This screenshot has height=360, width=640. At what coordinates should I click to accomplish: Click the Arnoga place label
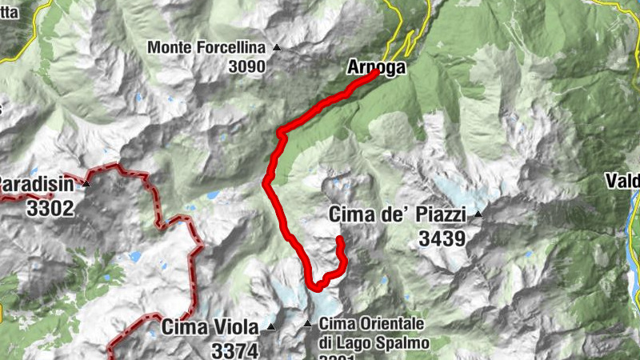click(377, 67)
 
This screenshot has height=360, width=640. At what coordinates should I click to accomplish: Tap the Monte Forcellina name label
click(210, 48)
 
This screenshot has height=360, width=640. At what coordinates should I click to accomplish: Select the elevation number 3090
click(246, 67)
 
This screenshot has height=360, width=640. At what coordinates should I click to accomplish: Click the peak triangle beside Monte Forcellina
click(277, 47)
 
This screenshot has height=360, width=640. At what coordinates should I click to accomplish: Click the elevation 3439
click(441, 238)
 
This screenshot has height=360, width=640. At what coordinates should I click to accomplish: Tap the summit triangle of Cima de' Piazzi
click(478, 214)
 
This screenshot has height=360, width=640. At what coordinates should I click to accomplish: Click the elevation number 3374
click(234, 350)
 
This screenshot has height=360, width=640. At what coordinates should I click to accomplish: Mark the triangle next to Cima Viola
click(270, 326)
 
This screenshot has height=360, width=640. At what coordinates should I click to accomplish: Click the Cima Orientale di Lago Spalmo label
click(374, 333)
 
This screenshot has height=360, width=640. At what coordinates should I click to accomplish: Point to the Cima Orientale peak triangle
click(307, 324)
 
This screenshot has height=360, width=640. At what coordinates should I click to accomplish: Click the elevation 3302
click(50, 209)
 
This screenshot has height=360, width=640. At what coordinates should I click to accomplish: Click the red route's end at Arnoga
click(376, 73)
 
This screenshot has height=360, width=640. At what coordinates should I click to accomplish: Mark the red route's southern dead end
click(339, 239)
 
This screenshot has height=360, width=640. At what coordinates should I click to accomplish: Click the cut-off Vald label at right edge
click(625, 180)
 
